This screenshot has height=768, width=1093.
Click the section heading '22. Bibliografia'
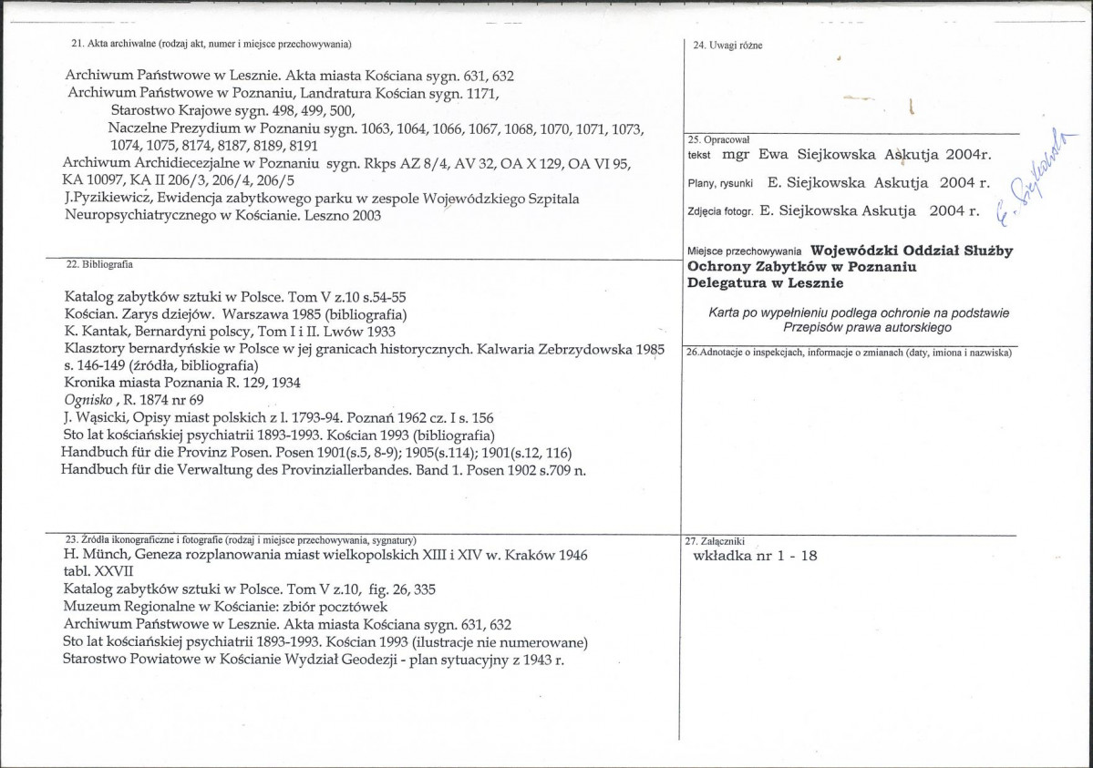pos(101,264)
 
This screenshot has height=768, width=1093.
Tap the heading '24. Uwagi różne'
pos(728,45)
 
